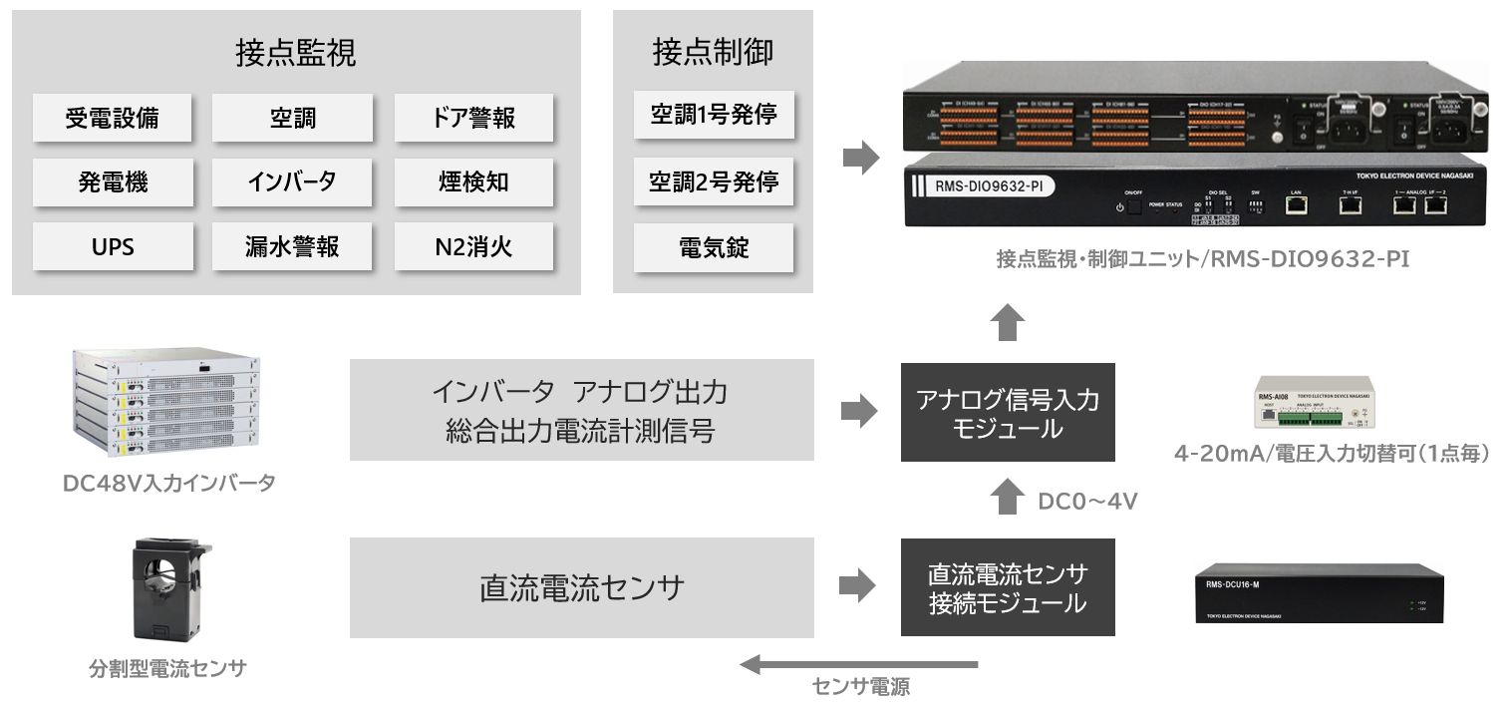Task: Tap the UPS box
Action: tap(112, 246)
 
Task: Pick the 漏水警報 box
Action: tap(292, 246)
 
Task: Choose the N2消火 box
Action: tap(473, 246)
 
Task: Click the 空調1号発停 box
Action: tap(713, 116)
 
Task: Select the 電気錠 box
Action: tap(713, 247)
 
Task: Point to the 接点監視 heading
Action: tap(295, 53)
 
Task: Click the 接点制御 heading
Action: tap(713, 52)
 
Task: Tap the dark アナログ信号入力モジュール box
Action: tap(1008, 413)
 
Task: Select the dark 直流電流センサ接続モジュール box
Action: tap(1008, 588)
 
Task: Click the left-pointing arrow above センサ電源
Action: tap(858, 664)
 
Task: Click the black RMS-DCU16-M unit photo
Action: tap(1320, 595)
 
